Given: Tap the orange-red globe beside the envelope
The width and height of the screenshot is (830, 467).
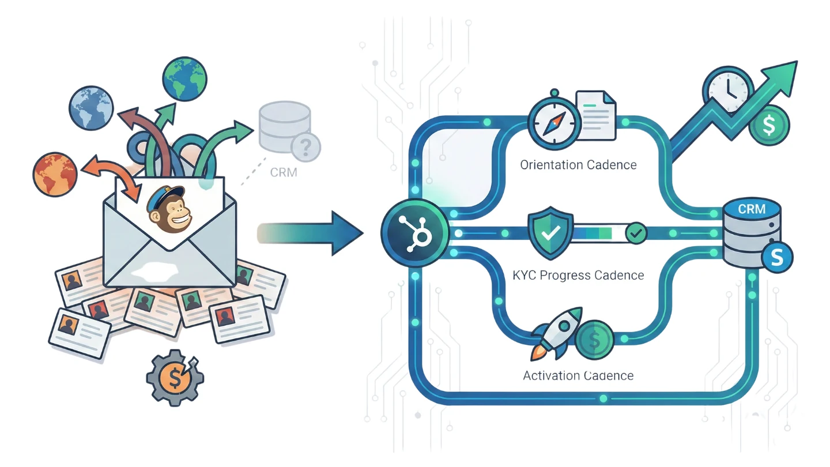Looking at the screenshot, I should pyautogui.click(x=55, y=174).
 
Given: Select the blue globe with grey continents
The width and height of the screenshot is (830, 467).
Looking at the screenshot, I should pyautogui.click(x=91, y=108).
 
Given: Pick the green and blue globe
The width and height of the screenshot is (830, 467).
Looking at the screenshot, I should pyautogui.click(x=184, y=80).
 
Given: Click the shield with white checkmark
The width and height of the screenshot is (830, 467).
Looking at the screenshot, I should pyautogui.click(x=550, y=233).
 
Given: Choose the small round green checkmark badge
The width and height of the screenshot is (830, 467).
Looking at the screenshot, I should pyautogui.click(x=636, y=233).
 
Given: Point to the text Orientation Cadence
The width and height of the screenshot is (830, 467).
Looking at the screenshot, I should pyautogui.click(x=578, y=165).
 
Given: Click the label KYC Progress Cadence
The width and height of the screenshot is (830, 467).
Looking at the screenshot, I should pyautogui.click(x=578, y=275).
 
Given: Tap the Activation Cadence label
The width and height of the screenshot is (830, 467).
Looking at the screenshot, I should pyautogui.click(x=578, y=376).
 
